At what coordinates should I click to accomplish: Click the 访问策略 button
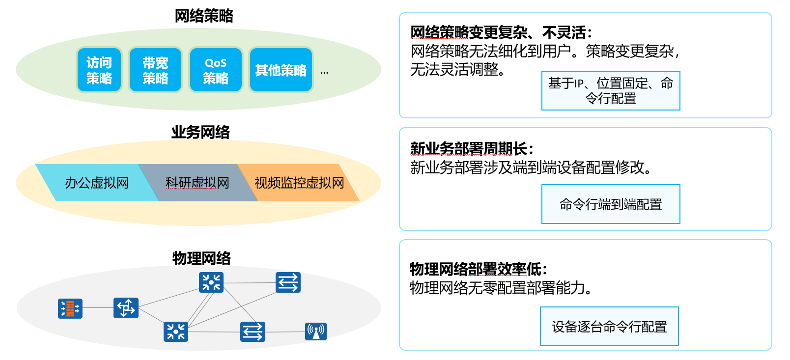tap(99, 70)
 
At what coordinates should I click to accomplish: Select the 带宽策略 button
tap(155, 70)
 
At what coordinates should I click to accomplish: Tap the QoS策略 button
tap(216, 70)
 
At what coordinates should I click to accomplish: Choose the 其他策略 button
tap(281, 70)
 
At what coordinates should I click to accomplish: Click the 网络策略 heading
tap(204, 16)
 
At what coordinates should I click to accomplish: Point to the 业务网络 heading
tap(200, 132)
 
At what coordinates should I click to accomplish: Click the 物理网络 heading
tap(201, 258)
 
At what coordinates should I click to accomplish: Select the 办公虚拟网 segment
tap(97, 183)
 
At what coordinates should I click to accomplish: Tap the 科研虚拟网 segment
tap(197, 183)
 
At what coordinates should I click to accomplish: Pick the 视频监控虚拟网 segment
tap(299, 183)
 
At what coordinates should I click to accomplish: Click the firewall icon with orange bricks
tap(70, 308)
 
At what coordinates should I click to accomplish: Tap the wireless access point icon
tap(315, 332)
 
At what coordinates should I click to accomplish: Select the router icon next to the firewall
tap(126, 308)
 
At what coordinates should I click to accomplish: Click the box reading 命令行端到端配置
tap(611, 204)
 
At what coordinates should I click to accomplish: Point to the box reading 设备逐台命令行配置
tap(609, 327)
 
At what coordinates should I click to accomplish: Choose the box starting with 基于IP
tap(611, 91)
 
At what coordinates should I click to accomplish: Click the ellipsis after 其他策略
tap(324, 73)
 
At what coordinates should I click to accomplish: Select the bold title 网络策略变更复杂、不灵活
tap(501, 33)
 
